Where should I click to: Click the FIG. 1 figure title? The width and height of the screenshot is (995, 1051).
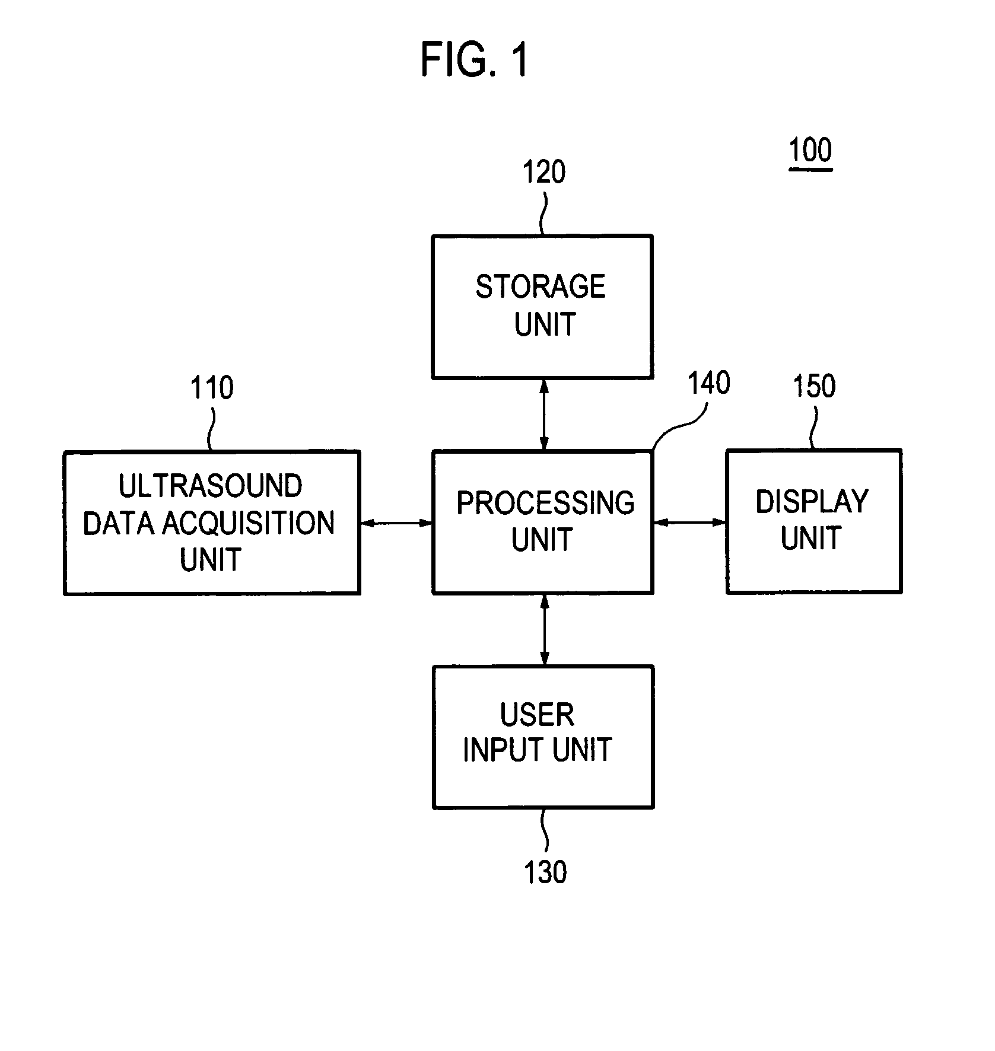pyautogui.click(x=474, y=60)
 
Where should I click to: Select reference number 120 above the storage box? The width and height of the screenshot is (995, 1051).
pyautogui.click(x=543, y=173)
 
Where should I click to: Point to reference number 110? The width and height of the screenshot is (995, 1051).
pyautogui.click(x=211, y=388)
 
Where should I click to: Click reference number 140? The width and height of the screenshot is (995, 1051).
pyautogui.click(x=708, y=383)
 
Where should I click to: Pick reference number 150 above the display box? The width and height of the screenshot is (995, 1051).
pyautogui.click(x=814, y=386)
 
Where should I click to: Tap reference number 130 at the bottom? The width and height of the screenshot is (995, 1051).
pyautogui.click(x=545, y=872)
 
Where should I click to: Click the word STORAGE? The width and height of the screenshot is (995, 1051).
pyautogui.click(x=541, y=287)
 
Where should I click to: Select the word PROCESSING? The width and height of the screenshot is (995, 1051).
pyautogui.click(x=545, y=503)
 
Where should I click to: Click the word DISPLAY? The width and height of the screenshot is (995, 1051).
pyautogui.click(x=812, y=502)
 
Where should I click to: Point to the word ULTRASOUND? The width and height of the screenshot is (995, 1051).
pyautogui.click(x=210, y=486)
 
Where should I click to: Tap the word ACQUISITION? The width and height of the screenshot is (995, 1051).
pyautogui.click(x=249, y=523)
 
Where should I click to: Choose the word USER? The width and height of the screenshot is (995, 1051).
pyautogui.click(x=537, y=715)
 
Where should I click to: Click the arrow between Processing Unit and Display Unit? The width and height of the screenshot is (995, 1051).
pyautogui.click(x=689, y=523)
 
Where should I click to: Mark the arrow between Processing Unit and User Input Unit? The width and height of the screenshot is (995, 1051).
pyautogui.click(x=544, y=630)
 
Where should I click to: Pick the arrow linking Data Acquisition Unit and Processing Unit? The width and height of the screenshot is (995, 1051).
pyautogui.click(x=396, y=523)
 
